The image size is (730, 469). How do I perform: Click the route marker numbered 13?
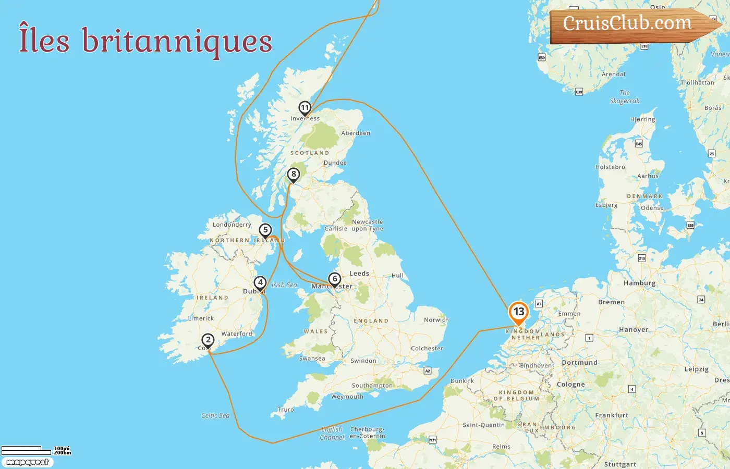(x=518, y=312)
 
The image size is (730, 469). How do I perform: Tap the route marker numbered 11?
(x=305, y=108)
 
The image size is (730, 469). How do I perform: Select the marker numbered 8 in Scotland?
(x=294, y=175)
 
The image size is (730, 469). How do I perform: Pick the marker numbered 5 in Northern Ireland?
(x=265, y=230)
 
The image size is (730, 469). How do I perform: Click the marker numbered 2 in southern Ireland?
(x=208, y=340)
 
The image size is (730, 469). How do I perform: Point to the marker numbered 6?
(x=335, y=279)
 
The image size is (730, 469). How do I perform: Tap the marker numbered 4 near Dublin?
(x=260, y=282)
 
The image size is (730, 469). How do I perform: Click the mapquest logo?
(x=27, y=462)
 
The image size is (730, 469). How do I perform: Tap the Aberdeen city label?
(x=356, y=133)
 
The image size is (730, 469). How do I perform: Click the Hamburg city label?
(x=639, y=283)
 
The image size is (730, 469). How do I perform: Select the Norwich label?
(x=436, y=320)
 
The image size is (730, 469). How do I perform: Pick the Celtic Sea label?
(x=215, y=415)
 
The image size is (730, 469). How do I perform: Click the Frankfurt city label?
(x=612, y=415)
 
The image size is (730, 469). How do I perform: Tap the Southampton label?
(x=372, y=386)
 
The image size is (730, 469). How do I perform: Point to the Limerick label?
(x=201, y=318)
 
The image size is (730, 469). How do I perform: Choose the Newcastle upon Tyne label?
(x=367, y=225)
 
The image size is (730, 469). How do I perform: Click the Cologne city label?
(x=570, y=385)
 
